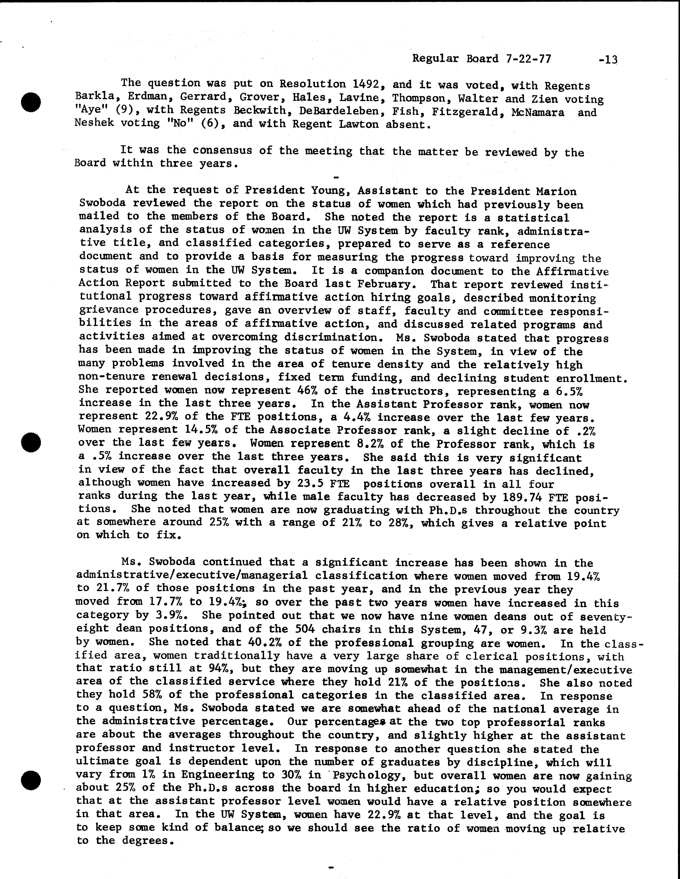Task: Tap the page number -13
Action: coord(608,60)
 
